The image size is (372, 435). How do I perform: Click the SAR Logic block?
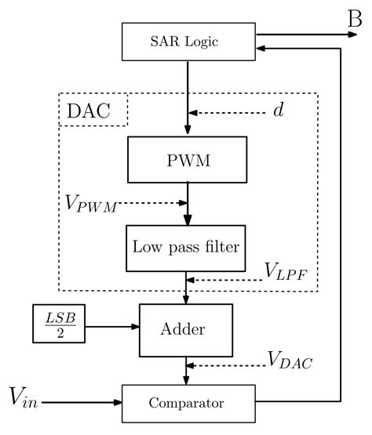188,42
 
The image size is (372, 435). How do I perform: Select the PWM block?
188,163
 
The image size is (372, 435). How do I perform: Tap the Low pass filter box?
188,247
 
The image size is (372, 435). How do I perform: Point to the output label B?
354,16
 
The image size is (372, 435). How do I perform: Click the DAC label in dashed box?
93,111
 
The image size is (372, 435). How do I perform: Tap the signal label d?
278,111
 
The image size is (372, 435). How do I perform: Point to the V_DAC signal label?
290,361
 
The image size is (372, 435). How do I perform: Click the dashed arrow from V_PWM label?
153,203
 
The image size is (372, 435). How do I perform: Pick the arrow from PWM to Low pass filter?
188,205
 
